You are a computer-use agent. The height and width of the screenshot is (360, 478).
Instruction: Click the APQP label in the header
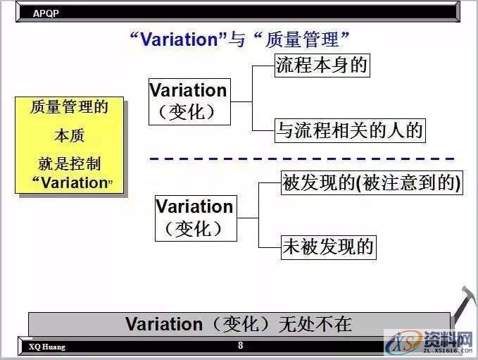point(45,12)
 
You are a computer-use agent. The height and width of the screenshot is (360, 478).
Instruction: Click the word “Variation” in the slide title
point(176,39)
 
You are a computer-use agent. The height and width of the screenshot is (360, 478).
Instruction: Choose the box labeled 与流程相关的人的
point(350,130)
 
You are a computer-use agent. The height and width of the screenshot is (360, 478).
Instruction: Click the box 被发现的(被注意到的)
point(371,183)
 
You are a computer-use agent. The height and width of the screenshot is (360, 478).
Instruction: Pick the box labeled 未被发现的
point(327,247)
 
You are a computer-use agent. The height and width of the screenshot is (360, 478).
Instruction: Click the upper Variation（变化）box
point(188,101)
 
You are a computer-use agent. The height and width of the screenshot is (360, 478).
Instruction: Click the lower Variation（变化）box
point(195,218)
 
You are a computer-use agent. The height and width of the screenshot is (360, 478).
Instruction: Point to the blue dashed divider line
point(303,159)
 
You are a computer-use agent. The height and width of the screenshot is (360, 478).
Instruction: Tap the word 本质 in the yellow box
point(69,135)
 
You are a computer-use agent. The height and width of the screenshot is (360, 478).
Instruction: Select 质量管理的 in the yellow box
point(69,107)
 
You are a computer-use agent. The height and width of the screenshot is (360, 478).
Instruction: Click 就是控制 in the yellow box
point(69,163)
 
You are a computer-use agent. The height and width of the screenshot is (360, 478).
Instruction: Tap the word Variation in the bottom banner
point(164,324)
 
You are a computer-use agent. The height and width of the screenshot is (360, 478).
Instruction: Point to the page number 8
point(240,346)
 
